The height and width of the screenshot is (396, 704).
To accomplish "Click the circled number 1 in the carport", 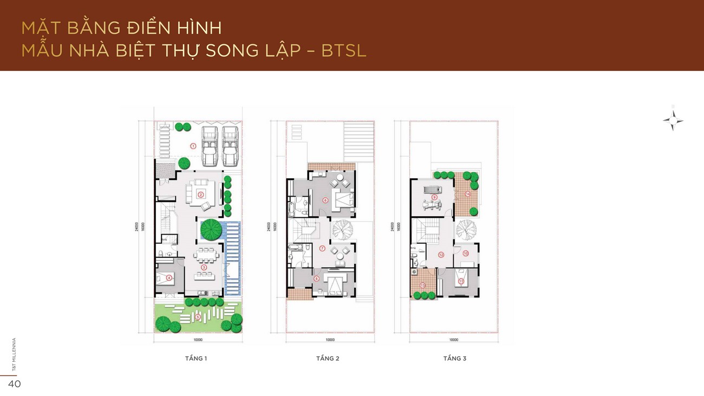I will (192, 145).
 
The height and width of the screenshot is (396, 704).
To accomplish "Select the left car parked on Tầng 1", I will (210, 146).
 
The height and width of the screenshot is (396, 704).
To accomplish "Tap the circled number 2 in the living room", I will (200, 194).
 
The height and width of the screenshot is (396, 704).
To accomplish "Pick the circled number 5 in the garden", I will (198, 317).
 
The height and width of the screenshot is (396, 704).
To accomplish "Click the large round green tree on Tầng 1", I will (211, 230).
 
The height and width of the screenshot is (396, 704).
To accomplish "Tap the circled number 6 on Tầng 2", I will (325, 200).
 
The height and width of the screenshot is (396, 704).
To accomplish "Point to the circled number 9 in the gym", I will (434, 197).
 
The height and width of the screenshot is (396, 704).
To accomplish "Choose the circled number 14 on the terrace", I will (467, 193).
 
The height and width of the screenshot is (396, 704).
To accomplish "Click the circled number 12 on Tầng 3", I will (441, 254).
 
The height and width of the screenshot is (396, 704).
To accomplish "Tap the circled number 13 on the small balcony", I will (422, 285).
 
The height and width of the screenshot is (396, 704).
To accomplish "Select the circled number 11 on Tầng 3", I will (461, 281).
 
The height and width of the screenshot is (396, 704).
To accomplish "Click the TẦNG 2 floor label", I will (328, 359).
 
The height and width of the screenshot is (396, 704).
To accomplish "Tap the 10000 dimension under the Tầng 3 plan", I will (454, 340).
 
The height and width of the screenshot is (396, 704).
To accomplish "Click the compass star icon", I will (673, 120).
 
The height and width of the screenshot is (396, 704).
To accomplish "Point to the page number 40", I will (14, 384).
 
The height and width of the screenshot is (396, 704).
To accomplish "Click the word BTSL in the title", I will (344, 50).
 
